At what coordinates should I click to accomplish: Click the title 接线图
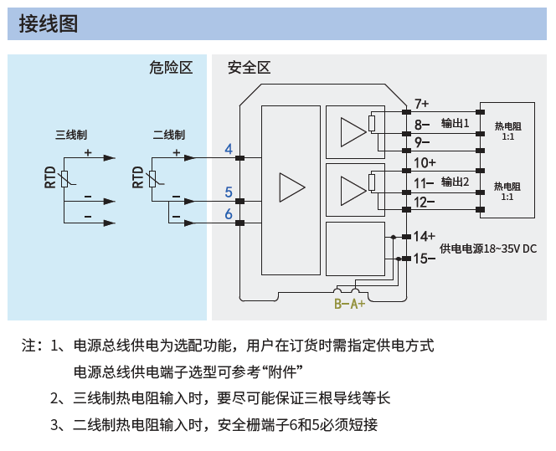pos(49,23)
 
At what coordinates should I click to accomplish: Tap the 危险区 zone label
pos(171,67)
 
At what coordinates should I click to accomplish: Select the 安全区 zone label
pos(250,67)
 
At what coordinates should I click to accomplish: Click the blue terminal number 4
pos(229,149)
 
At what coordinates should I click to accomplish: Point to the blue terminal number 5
pos(229,192)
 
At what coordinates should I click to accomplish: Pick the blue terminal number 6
pos(229,214)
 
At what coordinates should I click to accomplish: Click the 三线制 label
pos(71,135)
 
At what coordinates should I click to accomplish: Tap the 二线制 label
pos(169,135)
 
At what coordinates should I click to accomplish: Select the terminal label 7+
pos(422,104)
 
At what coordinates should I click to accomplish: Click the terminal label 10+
pos(425,163)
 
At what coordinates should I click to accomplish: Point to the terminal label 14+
pos(424,236)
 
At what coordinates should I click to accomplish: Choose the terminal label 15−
pos(424,259)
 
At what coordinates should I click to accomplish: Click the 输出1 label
pos(455,123)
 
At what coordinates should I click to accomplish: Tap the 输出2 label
pos(455,182)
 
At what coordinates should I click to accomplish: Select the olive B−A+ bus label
pos(350,304)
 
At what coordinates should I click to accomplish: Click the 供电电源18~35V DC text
pos(488,249)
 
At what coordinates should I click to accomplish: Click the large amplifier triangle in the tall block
pos(292,187)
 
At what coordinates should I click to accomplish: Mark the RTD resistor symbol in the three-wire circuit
pos(64,179)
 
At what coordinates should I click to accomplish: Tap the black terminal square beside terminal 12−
pos(406,209)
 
